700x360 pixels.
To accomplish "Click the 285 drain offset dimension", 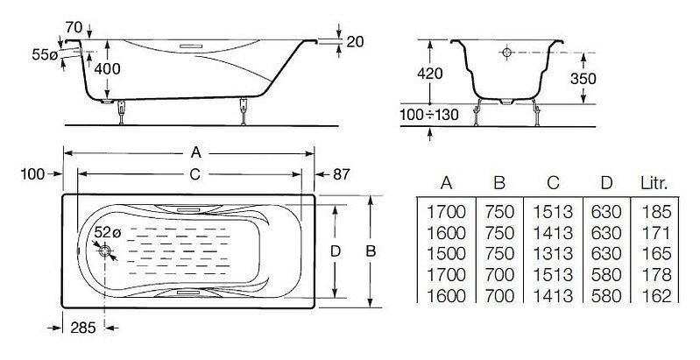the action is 83,328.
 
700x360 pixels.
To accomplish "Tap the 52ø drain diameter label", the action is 108,232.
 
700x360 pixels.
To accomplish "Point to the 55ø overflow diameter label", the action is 45,55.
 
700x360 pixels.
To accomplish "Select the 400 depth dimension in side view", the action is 108,68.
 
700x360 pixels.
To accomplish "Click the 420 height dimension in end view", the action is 429,74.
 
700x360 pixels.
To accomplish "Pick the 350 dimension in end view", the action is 583,79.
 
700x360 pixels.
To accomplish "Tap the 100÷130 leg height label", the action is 429,115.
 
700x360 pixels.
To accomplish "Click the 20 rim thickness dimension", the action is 355,41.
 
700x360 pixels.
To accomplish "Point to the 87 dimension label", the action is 341,174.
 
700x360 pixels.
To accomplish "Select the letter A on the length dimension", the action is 195,152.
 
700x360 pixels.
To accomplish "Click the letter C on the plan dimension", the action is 194,174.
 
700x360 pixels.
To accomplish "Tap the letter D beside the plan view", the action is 335,251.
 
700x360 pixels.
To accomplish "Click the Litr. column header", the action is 654,183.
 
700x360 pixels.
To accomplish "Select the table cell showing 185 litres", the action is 656,212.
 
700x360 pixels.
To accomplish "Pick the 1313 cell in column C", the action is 553,254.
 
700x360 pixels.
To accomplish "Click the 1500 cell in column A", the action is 447,254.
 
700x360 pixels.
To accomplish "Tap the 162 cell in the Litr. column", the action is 656,296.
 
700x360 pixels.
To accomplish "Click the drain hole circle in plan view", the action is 104,251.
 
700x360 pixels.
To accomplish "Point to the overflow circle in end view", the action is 506,53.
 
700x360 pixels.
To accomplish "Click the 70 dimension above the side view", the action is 74,28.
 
